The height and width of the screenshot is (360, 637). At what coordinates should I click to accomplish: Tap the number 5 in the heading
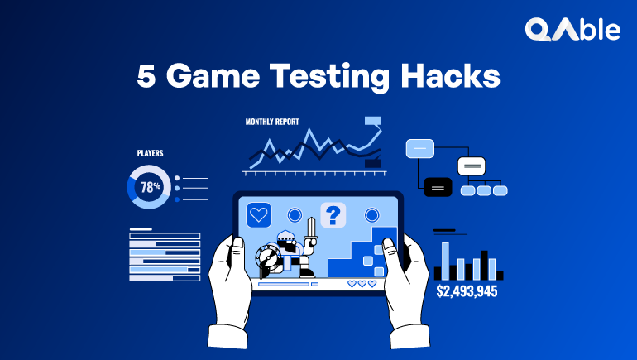click(146, 78)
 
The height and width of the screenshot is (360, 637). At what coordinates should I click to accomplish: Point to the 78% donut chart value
click(150, 187)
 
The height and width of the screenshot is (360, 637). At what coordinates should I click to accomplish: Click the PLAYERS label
click(150, 153)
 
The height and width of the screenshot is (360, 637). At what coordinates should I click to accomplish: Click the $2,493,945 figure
click(467, 291)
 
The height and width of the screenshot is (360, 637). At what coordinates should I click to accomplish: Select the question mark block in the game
click(333, 215)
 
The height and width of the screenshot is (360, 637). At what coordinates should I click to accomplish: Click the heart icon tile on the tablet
click(259, 215)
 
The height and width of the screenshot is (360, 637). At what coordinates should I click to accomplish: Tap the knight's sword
click(311, 230)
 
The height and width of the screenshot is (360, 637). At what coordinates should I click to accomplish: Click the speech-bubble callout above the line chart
click(373, 121)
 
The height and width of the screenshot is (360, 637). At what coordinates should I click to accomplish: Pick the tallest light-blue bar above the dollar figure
click(445, 260)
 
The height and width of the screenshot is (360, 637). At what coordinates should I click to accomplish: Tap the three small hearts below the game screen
click(362, 283)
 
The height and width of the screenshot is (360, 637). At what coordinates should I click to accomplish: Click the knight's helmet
click(286, 240)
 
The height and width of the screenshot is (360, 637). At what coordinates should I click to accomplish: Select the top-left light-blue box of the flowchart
click(419, 149)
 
